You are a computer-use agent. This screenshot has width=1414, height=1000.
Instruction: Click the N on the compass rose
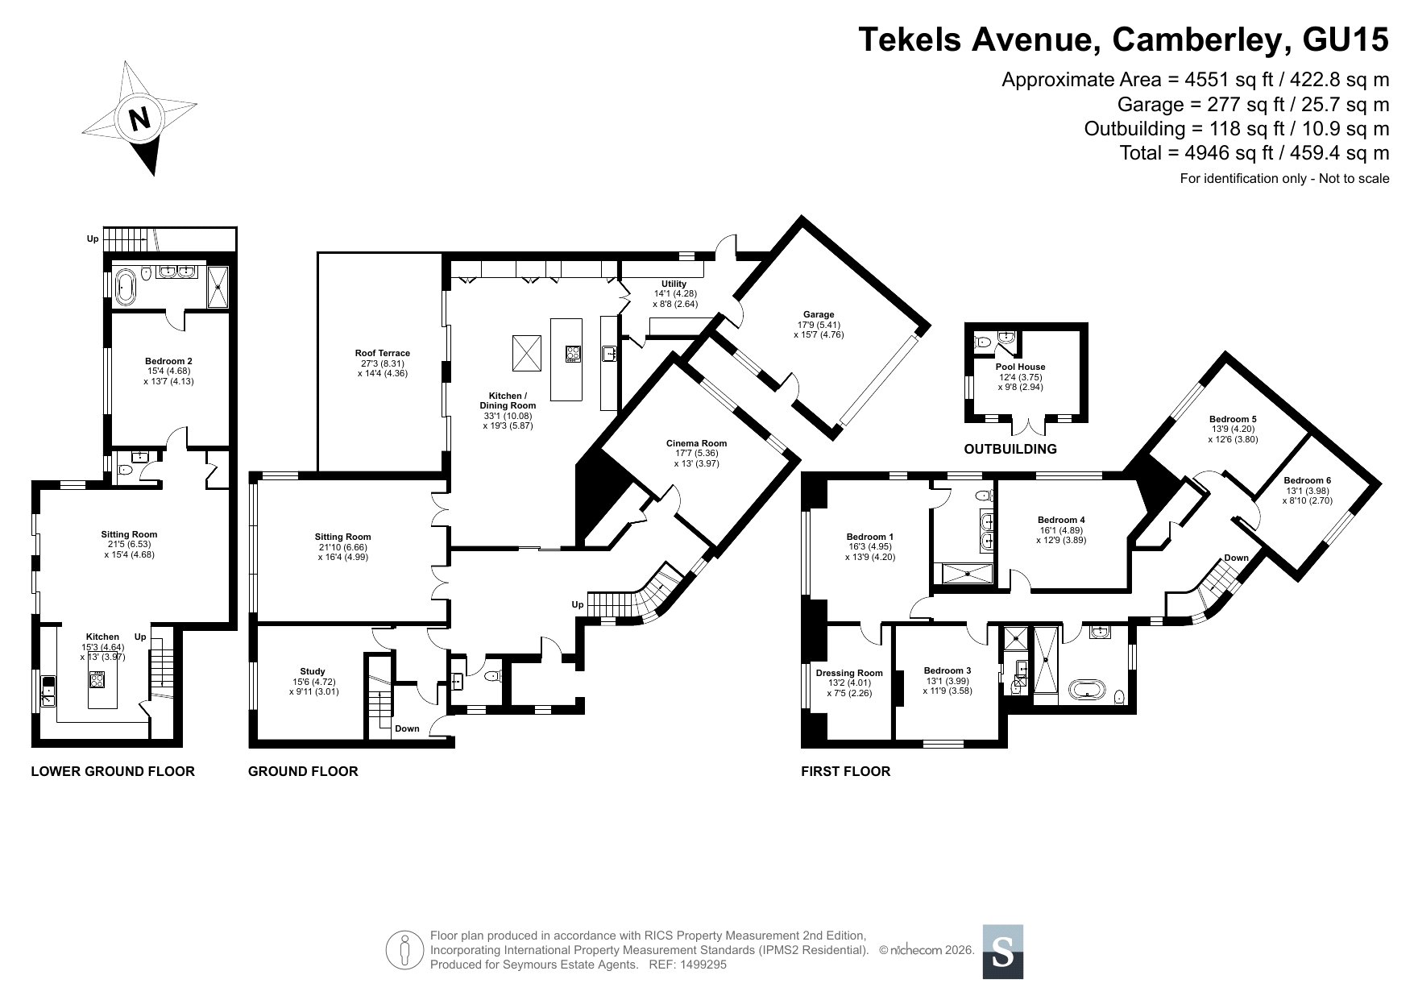141,118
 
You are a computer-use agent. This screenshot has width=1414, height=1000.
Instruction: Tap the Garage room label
818,314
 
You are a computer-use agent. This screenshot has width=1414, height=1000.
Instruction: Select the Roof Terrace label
383,353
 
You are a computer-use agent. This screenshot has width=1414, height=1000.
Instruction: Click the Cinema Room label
696,443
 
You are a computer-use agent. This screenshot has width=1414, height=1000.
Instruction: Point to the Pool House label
1020,367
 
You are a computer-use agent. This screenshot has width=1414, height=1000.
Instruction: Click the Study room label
312,671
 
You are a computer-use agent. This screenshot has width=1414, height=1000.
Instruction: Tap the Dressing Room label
849,673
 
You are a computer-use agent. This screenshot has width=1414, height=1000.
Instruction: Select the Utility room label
674,284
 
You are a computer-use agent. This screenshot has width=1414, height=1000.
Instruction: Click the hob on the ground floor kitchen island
573,355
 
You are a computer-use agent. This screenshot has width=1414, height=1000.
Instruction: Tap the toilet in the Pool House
981,342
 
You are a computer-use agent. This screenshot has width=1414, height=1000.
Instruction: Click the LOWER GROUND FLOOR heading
113,771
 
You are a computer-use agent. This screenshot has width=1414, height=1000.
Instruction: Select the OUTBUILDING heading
1010,449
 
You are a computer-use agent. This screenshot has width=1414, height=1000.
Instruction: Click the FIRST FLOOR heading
845,771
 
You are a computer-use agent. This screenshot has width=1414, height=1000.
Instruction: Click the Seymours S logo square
1003,952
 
